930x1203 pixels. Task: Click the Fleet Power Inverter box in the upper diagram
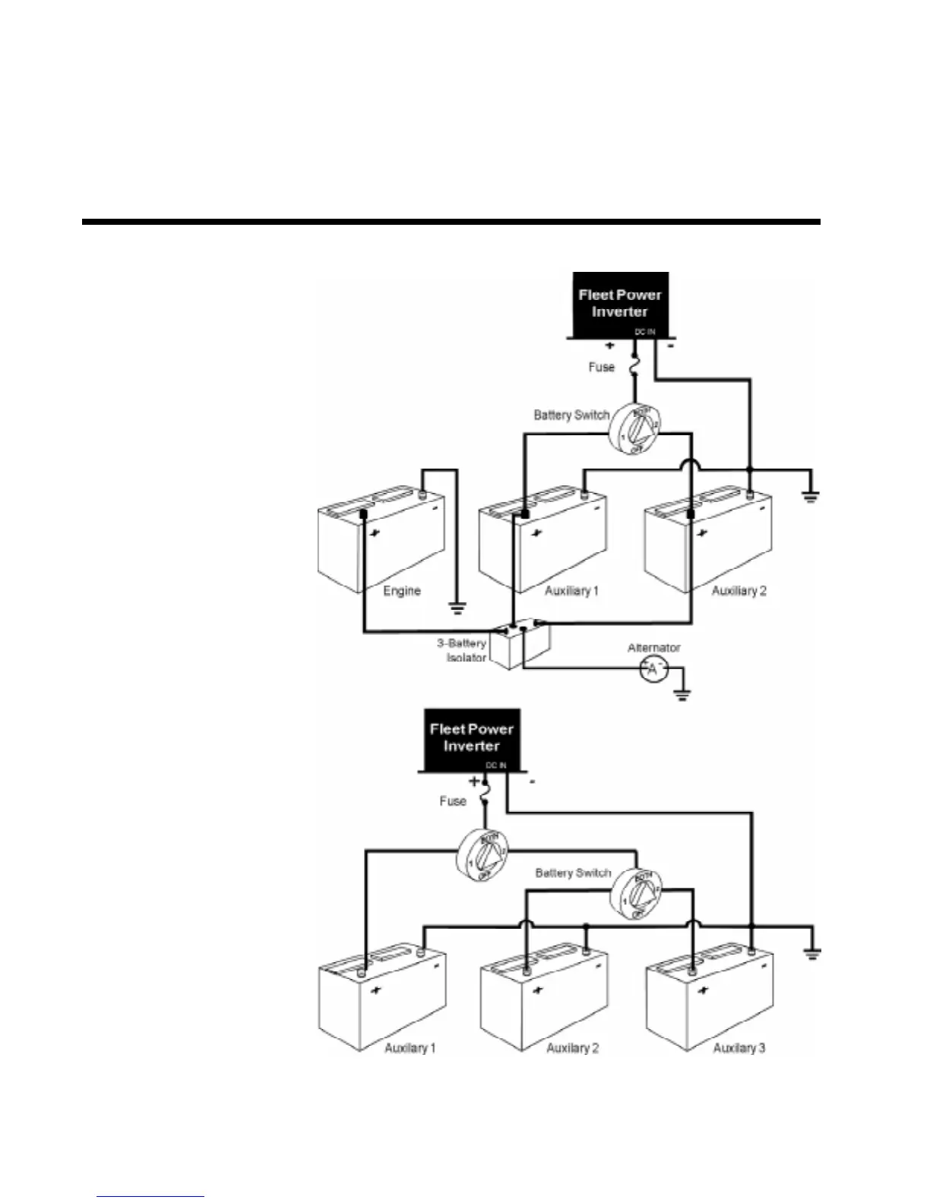(x=619, y=304)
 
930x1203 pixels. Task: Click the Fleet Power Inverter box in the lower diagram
(x=471, y=738)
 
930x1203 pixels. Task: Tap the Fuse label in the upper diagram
(x=601, y=367)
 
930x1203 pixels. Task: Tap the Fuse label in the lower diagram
(x=452, y=801)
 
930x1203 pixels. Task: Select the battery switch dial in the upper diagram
(x=636, y=430)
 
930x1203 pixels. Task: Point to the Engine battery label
(x=401, y=591)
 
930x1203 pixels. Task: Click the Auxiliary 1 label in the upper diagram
(x=571, y=591)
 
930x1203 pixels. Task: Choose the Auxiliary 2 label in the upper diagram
(x=739, y=591)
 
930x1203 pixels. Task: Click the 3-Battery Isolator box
(x=520, y=646)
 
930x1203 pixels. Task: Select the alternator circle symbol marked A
(x=652, y=670)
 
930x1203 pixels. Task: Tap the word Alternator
(x=653, y=648)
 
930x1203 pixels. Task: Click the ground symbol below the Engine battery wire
(x=457, y=608)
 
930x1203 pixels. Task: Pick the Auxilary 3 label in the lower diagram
(x=739, y=1048)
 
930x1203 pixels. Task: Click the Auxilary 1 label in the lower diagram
(x=410, y=1048)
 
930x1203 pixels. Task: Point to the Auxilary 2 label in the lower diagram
(x=572, y=1048)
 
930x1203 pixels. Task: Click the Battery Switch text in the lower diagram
(x=573, y=873)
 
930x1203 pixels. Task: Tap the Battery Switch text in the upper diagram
(x=571, y=415)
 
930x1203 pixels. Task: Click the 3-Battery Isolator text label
(x=462, y=650)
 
